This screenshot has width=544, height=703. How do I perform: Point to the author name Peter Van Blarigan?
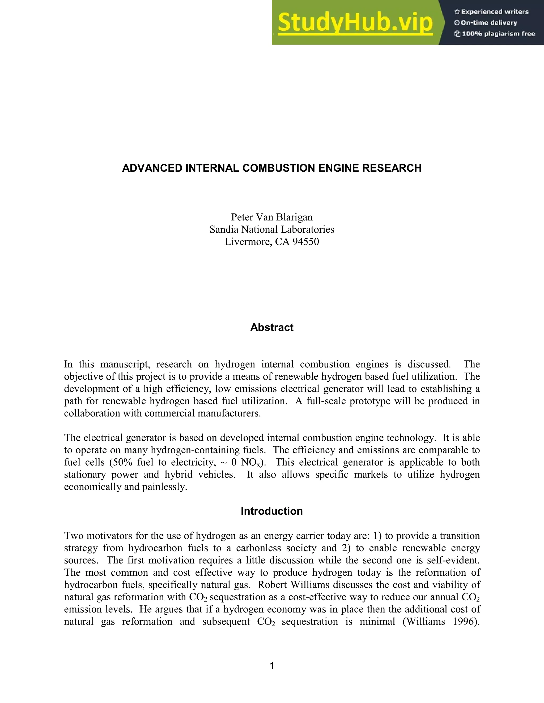pyautogui.click(x=272, y=217)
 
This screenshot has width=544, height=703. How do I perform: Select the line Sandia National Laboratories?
pyautogui.click(x=272, y=229)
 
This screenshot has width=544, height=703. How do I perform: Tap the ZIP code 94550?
pyautogui.click(x=305, y=242)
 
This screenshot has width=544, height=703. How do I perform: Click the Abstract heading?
pyautogui.click(x=272, y=327)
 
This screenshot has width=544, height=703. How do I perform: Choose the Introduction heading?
pyautogui.click(x=272, y=511)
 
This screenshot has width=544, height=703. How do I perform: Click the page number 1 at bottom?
pyautogui.click(x=272, y=666)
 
